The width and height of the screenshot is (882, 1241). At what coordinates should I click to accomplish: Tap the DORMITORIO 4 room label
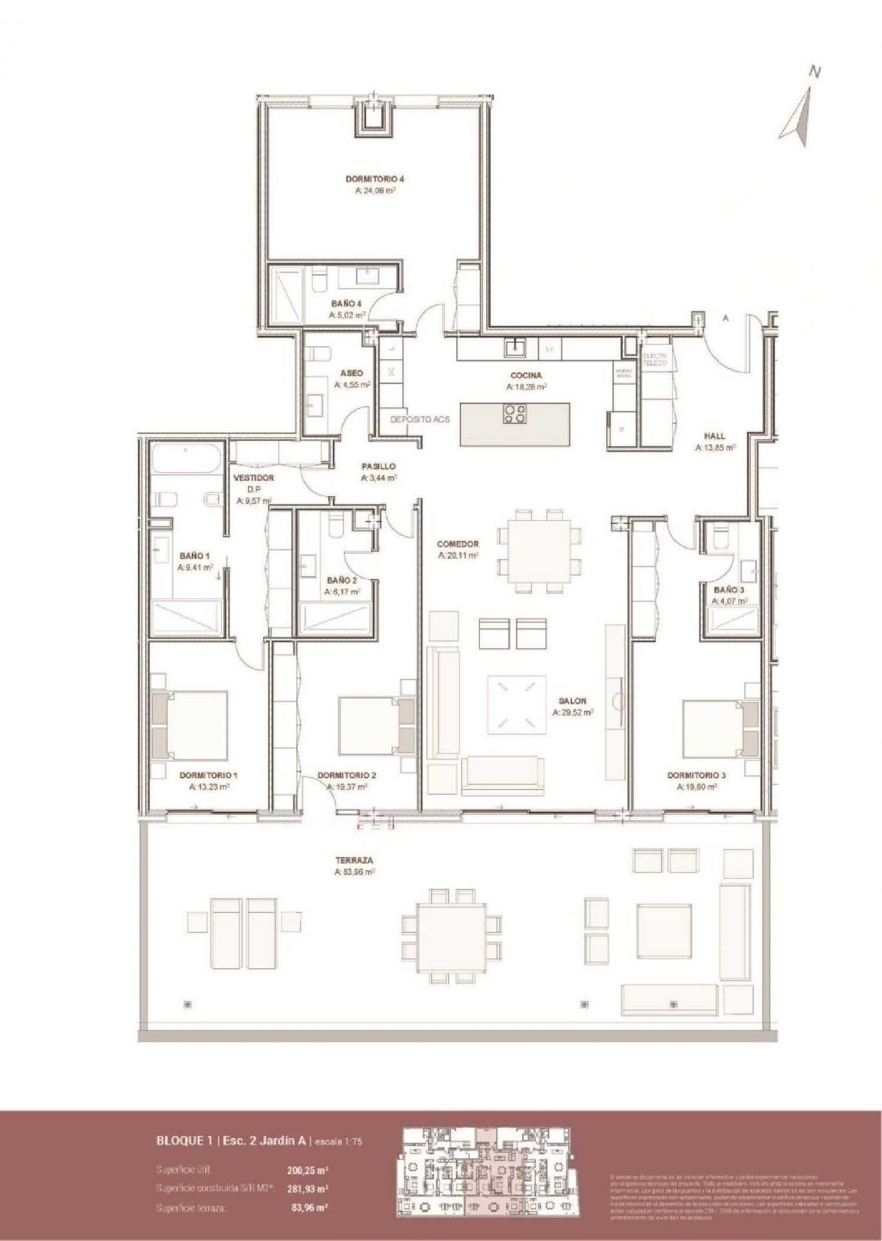point(375,179)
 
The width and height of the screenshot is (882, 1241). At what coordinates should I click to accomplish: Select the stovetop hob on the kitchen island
point(514,414)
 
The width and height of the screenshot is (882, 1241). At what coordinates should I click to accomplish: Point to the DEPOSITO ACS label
point(420,420)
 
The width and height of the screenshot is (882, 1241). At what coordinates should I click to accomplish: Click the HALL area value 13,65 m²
point(715,447)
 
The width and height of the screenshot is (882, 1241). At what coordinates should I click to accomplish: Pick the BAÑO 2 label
point(342,580)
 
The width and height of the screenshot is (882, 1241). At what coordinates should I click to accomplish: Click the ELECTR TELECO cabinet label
point(654,360)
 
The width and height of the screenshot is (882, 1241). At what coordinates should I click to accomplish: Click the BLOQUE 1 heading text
point(183,1141)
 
